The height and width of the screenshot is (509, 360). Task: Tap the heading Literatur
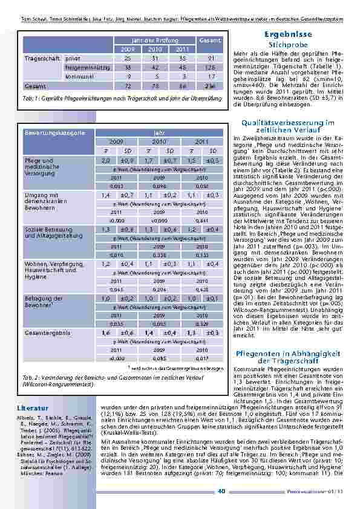coord(33,408)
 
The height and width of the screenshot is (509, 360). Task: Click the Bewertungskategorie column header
coord(51,132)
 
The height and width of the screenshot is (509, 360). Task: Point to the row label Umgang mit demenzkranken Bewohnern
coord(42,201)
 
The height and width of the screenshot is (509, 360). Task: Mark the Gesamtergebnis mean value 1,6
coord(106,332)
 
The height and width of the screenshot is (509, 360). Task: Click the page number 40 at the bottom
coord(221,491)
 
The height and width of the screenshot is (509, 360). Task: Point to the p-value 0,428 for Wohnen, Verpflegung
coord(201,290)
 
